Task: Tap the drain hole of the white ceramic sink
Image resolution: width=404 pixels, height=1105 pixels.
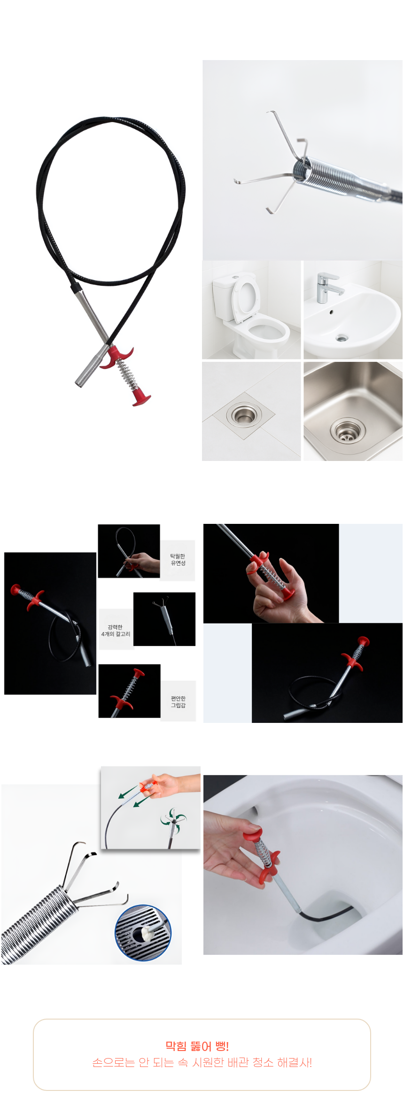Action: (342, 338)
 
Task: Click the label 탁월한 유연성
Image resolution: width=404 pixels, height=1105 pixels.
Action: (178, 560)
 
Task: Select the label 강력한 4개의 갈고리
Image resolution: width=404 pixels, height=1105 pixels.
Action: (116, 630)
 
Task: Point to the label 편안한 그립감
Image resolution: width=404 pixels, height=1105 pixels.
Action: (178, 702)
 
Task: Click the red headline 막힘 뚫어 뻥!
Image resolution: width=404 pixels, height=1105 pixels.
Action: (197, 1046)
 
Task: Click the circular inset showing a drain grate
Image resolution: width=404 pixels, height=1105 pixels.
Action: (143, 933)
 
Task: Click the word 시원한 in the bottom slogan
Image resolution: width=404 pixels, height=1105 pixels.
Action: (208, 1062)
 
